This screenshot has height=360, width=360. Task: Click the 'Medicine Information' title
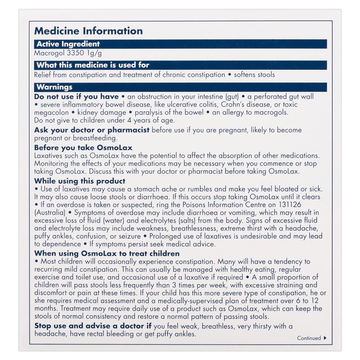(89, 31)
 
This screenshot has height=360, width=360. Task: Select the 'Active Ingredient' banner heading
(67, 44)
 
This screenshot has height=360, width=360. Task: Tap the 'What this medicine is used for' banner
(92, 65)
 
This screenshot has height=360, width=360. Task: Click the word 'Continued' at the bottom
(309, 338)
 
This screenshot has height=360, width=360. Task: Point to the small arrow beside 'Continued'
(325, 338)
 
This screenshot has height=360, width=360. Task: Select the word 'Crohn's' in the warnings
(234, 104)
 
